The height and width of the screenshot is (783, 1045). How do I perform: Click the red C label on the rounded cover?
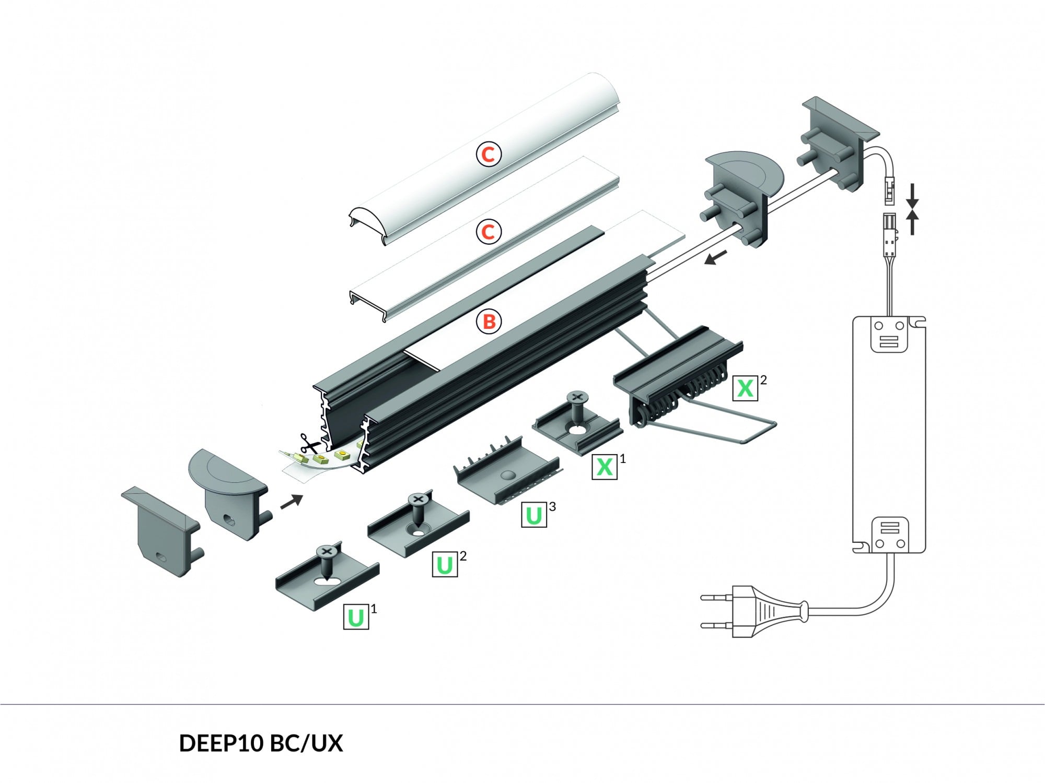(x=489, y=154)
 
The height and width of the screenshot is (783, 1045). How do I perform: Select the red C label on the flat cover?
(x=489, y=231)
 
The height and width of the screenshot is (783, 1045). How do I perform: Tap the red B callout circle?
(x=489, y=321)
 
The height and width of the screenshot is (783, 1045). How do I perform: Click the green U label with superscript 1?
(x=356, y=617)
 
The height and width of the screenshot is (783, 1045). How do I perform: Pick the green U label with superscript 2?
(x=445, y=564)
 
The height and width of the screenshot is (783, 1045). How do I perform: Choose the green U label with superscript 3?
(x=533, y=515)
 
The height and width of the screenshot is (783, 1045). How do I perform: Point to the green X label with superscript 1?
(x=605, y=466)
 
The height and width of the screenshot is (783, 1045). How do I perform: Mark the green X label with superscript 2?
(x=745, y=388)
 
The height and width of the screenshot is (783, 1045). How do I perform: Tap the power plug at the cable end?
(x=758, y=611)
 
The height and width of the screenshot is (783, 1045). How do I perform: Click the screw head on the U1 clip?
(x=327, y=551)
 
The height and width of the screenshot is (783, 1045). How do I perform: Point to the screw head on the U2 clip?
(x=418, y=500)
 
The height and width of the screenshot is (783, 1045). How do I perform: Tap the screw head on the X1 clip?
(x=576, y=398)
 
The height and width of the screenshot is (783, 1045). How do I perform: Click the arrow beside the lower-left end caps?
(x=292, y=502)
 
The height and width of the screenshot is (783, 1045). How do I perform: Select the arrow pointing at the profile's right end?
(x=715, y=258)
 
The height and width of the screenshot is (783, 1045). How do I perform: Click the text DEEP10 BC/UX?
(x=261, y=743)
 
